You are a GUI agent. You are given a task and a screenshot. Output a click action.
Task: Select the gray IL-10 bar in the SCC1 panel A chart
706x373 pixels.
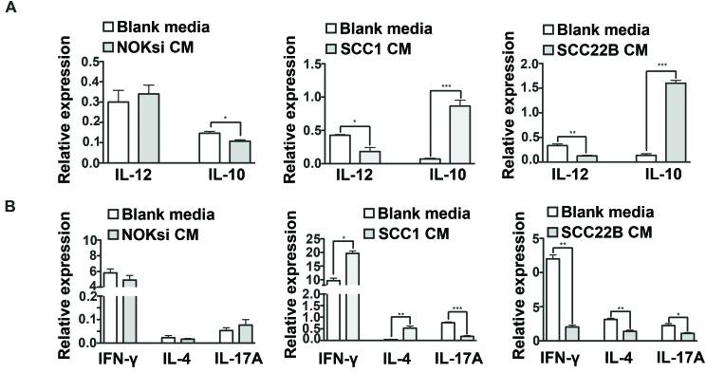coord(406,134)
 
